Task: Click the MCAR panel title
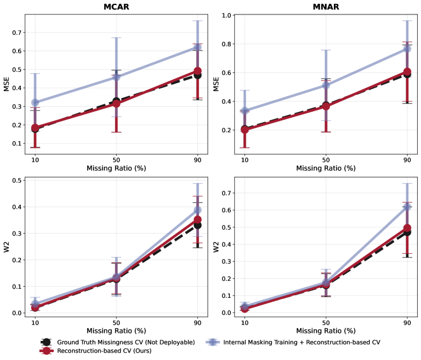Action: [116, 7]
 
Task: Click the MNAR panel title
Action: [326, 7]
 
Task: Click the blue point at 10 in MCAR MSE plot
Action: [35, 102]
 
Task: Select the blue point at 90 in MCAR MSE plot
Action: [197, 47]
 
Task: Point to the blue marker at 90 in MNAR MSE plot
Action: [407, 49]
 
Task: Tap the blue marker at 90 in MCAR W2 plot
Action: [197, 211]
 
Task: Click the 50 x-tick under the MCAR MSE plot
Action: [116, 160]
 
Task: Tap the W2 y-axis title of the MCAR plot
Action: [6, 246]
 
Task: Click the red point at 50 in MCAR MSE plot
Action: [116, 104]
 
